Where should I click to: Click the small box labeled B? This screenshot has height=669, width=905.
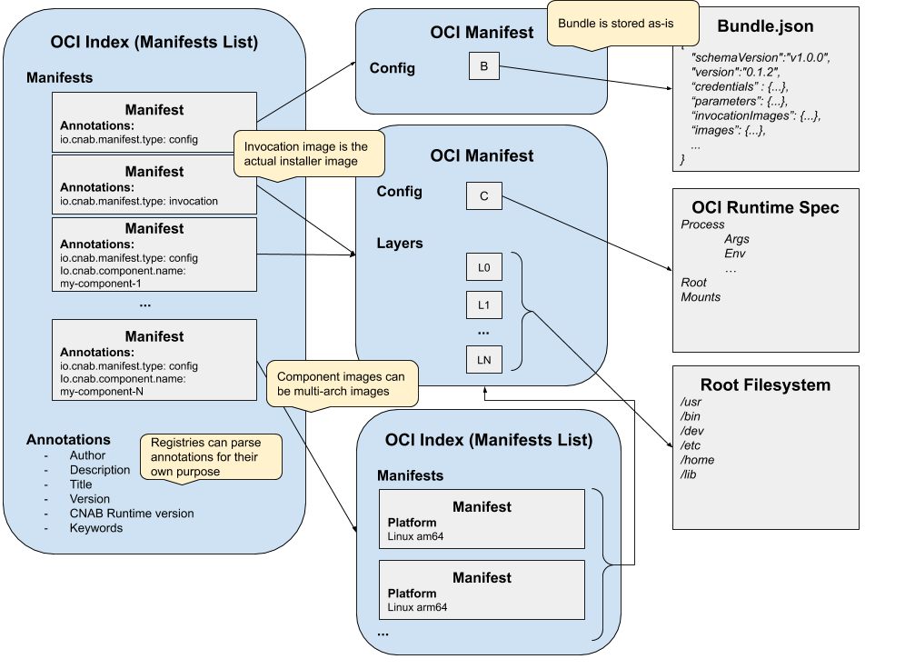(483, 65)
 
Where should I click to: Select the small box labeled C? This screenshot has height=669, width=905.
(483, 196)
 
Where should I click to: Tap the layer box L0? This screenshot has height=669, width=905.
(483, 268)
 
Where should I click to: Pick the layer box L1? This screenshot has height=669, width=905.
(483, 305)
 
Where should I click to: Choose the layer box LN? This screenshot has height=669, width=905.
(483, 360)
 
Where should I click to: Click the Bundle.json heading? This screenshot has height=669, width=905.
(765, 26)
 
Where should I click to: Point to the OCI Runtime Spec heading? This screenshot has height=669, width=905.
(765, 207)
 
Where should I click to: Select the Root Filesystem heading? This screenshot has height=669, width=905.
(765, 384)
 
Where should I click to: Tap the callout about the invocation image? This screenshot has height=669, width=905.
(308, 154)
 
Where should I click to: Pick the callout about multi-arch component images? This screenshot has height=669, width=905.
(341, 384)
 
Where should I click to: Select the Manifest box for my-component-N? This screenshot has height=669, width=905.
(154, 359)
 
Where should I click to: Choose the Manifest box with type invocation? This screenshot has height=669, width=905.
(154, 185)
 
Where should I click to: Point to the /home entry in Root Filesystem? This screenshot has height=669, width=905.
(698, 460)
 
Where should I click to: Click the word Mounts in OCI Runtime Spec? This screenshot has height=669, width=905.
(701, 297)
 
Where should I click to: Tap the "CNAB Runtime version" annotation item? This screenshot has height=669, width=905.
(132, 514)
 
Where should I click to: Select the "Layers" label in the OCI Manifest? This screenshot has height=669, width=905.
(400, 244)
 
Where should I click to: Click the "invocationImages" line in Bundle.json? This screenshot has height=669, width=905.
(755, 115)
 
